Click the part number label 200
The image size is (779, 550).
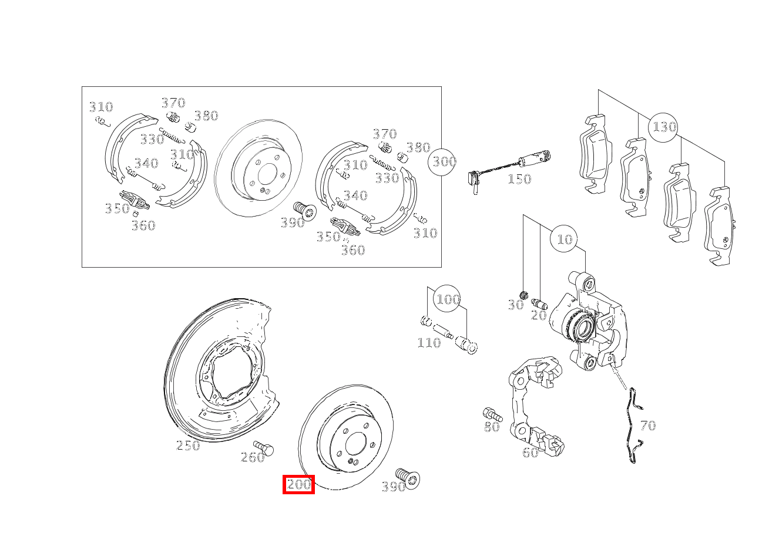pos(298,485)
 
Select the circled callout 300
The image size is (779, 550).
pos(444,161)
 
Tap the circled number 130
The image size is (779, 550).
pos(664,127)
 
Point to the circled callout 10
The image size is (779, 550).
pos(564,239)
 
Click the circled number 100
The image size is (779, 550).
pos(447,299)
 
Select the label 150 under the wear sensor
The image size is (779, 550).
pos(519,179)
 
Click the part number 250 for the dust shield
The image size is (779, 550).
pos(188,446)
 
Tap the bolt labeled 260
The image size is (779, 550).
pos(264,449)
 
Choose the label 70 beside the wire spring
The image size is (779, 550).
pos(647,426)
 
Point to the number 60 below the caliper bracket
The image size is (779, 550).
pos(530,453)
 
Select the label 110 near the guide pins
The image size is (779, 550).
pos(428,343)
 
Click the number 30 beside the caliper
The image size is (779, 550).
pos(515,305)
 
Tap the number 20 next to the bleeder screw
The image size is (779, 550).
pos(539,315)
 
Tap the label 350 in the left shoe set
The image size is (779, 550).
pos(116,208)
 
